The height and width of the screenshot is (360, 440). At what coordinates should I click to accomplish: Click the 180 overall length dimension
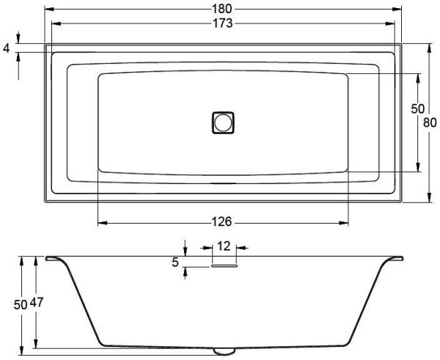[x=221, y=9]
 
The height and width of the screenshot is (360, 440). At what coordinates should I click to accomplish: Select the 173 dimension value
[x=222, y=23]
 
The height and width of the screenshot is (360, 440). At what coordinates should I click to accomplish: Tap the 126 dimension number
[x=221, y=222]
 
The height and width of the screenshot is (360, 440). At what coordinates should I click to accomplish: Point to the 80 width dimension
[x=430, y=122]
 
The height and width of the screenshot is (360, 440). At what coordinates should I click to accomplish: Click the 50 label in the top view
[x=417, y=109]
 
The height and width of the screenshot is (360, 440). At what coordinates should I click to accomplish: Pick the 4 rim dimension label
[x=6, y=48]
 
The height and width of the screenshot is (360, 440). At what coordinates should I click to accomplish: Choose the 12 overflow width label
[x=224, y=246]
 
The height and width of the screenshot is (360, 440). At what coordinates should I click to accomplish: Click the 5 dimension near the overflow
[x=175, y=262]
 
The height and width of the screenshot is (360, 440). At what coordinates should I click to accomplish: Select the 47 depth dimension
[x=37, y=303]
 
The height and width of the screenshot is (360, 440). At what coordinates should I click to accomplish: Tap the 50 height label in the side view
[x=21, y=305]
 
